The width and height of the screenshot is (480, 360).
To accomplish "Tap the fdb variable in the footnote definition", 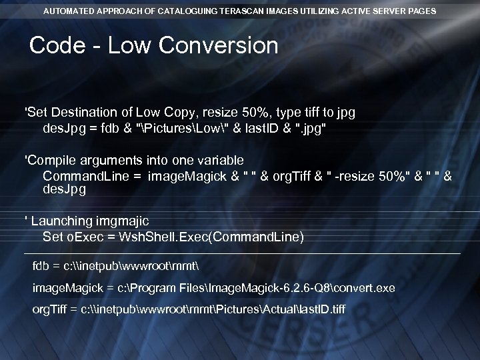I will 41,267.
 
